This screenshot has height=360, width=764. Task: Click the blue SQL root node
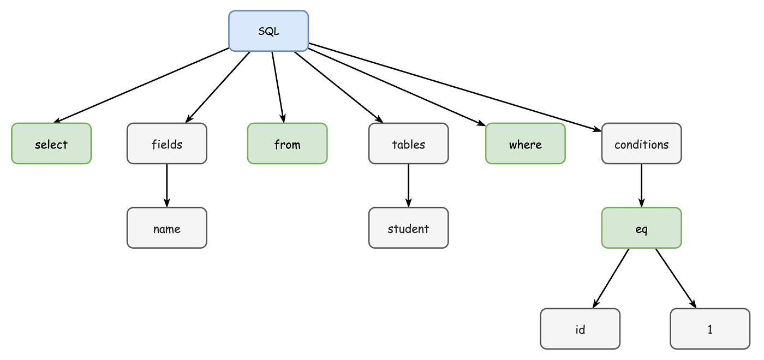point(268,32)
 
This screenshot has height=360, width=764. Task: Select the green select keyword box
point(51,144)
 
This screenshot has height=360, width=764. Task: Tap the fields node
point(167,144)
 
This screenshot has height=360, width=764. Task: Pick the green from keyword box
point(287,144)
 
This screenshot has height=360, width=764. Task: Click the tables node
point(408,144)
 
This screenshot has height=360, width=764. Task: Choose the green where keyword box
point(525,144)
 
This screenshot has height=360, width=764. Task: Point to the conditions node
point(641,144)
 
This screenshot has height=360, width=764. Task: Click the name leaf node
point(167,228)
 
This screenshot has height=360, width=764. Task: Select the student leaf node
point(408,228)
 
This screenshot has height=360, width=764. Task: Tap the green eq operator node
point(641,228)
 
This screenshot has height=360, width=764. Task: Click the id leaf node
point(580,329)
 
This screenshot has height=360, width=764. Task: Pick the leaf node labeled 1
point(710,329)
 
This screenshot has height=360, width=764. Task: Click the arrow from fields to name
point(167,185)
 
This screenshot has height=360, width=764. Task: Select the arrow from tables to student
point(408,185)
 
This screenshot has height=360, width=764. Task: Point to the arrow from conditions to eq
point(641,185)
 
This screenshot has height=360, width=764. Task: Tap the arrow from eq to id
point(611,278)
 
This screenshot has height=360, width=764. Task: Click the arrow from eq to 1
point(676,278)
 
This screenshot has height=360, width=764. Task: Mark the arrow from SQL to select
point(142,85)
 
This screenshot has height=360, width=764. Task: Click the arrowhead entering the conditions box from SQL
point(596,129)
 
